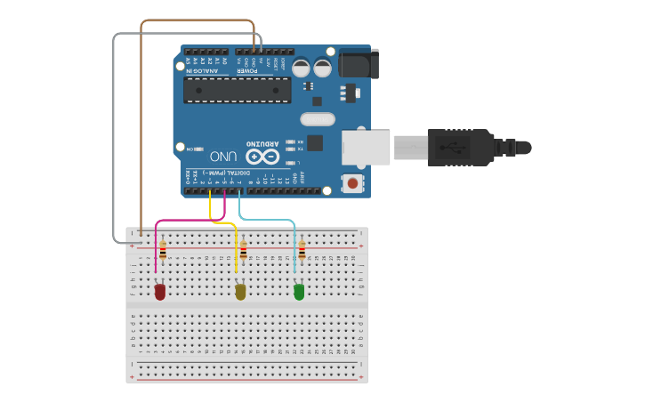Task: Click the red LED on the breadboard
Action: [160, 291]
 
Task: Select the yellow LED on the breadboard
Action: [240, 291]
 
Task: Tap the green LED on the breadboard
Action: [299, 291]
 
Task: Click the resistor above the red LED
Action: [163, 251]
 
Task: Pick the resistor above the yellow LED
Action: [243, 250]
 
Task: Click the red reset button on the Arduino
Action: [353, 183]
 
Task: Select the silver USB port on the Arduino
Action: [366, 147]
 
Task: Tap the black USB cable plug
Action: [458, 147]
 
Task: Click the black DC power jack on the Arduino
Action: [359, 63]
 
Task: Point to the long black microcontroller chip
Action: [237, 90]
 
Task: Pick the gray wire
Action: [114, 133]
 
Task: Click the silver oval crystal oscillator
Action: [318, 119]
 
